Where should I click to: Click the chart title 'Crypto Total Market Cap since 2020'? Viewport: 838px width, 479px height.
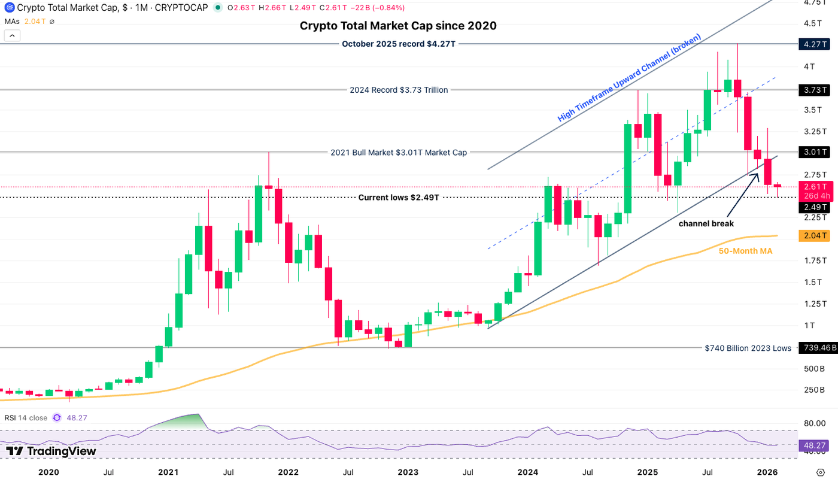click(397, 26)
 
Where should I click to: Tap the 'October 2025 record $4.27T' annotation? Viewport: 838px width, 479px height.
click(398, 44)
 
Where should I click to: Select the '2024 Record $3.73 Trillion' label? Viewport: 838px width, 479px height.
click(398, 90)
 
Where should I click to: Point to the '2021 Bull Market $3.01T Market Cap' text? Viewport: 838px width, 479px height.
click(398, 152)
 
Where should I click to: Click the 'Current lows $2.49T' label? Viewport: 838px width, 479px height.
click(399, 197)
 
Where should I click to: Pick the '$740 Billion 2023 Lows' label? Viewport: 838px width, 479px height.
click(748, 348)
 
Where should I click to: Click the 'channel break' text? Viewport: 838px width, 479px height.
click(706, 223)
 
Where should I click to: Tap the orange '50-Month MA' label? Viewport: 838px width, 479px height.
click(745, 251)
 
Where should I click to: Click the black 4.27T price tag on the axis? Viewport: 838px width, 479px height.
click(814, 44)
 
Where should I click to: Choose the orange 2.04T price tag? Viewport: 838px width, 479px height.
click(814, 236)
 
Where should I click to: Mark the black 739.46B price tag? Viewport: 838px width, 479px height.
click(814, 348)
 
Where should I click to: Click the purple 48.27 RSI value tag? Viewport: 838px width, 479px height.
click(814, 445)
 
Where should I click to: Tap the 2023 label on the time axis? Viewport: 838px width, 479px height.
click(408, 472)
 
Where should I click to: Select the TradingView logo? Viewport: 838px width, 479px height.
click(51, 451)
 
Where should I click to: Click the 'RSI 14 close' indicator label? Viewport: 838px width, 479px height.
click(26, 418)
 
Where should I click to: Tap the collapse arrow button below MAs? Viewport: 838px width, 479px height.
click(12, 35)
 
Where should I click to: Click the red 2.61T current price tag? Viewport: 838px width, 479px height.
click(814, 187)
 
